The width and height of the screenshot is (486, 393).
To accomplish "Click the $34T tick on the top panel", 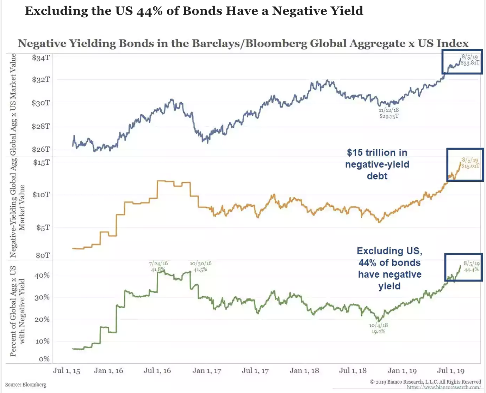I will (41, 58).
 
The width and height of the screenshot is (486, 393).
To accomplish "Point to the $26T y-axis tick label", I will (41, 149).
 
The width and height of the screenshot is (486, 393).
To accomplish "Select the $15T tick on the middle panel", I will (42, 162).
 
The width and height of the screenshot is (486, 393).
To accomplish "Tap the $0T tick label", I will (43, 255).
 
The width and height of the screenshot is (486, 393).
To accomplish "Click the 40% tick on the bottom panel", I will (42, 275).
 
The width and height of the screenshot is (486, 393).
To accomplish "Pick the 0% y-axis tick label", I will (44, 359).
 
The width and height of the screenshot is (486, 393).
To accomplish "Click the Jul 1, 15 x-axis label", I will (67, 371).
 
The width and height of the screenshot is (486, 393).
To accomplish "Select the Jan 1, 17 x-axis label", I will (207, 371).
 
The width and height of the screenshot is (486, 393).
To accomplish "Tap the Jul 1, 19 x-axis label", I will (451, 371).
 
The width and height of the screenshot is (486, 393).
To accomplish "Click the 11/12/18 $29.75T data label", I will (389, 113).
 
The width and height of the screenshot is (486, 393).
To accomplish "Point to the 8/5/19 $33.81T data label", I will (470, 60).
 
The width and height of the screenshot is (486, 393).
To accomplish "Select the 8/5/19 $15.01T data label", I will (470, 163).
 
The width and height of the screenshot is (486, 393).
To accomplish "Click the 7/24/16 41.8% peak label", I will (158, 266).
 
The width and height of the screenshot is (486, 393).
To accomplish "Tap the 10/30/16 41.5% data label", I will (200, 266).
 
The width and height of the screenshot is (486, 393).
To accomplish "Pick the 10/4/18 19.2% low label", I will (379, 328).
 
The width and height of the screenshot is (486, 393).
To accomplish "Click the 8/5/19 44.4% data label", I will (471, 266).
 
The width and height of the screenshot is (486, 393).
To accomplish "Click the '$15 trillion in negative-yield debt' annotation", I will (377, 164).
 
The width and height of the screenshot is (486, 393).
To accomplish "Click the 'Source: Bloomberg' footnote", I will (26, 385).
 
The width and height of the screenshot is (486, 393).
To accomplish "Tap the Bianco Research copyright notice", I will (425, 382).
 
